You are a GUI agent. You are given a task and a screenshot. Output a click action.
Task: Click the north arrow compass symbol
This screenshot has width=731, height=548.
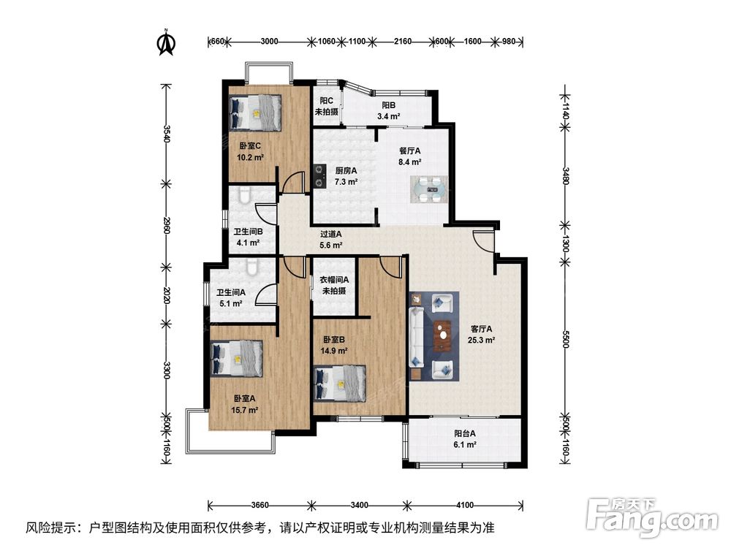click(165, 42)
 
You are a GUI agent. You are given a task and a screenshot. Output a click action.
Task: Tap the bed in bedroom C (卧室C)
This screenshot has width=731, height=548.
click(255, 113)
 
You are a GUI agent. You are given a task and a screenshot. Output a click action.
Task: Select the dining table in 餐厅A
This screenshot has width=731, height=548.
click(430, 190)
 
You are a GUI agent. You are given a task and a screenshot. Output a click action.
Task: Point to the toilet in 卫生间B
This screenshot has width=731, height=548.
click(244, 195)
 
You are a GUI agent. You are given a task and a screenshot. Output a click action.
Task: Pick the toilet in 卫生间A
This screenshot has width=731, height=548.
click(251, 267)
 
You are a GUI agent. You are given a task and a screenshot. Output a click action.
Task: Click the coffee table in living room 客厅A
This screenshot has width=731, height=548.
click(442, 335)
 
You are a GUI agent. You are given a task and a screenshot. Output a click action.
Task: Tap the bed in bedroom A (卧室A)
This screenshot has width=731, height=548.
click(237, 358)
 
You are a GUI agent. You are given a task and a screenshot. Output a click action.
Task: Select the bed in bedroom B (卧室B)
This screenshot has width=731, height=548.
click(340, 383)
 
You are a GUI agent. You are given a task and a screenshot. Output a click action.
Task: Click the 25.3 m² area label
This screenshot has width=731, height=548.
click(481, 340)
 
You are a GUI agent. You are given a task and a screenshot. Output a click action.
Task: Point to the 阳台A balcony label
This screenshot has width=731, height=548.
click(465, 433)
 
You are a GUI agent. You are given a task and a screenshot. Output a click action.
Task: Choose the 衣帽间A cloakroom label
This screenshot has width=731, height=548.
click(334, 280)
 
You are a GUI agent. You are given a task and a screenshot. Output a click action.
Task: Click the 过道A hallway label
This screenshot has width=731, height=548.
click(331, 234)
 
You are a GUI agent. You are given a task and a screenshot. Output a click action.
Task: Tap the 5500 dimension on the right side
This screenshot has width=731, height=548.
click(565, 339)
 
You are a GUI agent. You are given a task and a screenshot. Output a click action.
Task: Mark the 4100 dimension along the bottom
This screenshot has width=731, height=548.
click(465, 505)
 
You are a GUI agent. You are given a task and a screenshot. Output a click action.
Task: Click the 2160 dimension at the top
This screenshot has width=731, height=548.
click(403, 41)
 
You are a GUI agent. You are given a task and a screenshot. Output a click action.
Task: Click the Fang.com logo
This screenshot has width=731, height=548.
click(652, 517)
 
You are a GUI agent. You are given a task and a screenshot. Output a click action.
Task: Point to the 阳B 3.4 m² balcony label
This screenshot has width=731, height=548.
click(388, 111)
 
